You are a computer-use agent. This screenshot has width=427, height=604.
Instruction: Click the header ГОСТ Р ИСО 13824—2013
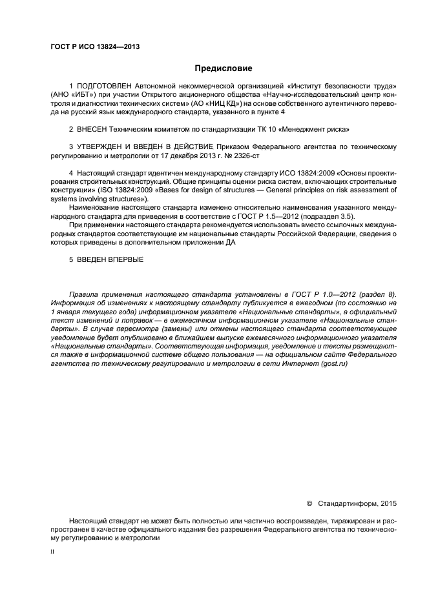tap(95, 46)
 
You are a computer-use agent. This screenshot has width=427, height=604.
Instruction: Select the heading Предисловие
tap(224, 68)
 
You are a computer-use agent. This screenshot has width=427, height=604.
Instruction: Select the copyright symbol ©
tap(309, 503)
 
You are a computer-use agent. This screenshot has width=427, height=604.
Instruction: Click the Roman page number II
tap(52, 552)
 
